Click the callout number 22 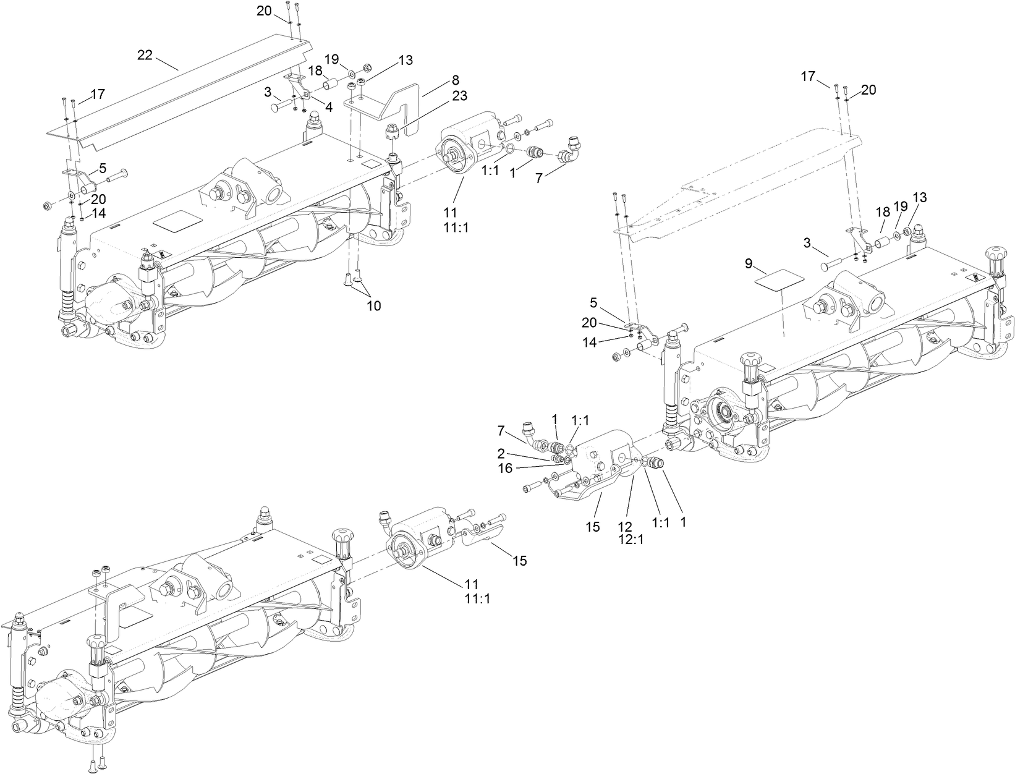145,55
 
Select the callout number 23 459,95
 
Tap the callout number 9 749,264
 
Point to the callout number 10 373,305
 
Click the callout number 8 456,80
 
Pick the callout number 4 329,107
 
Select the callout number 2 501,453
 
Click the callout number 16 506,468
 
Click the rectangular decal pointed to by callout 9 781,279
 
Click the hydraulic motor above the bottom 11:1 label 415,540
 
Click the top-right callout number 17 808,76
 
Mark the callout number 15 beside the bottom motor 520,560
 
